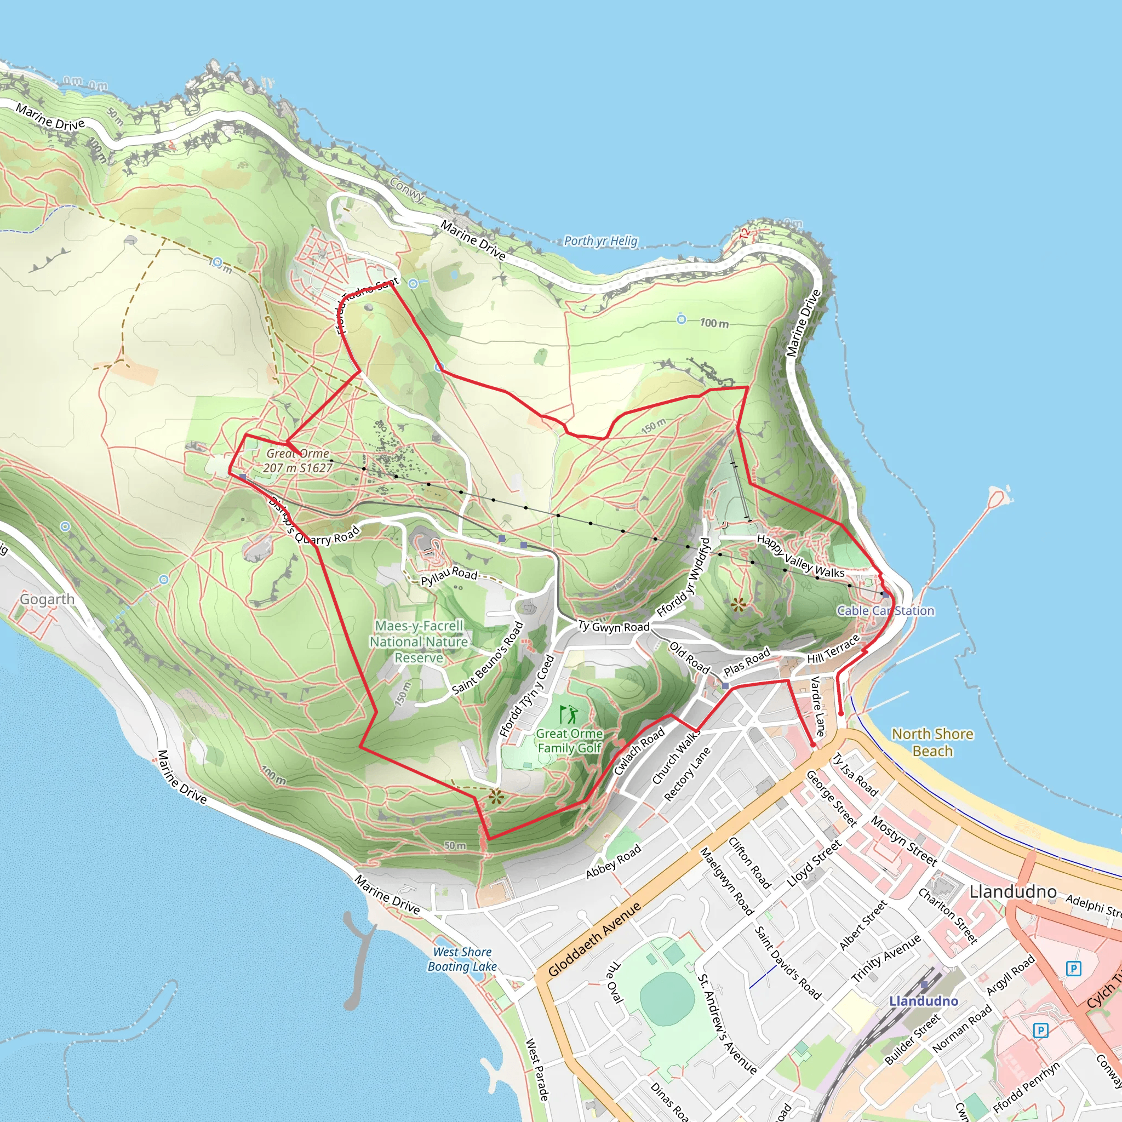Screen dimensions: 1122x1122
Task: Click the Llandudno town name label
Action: pos(1013,891)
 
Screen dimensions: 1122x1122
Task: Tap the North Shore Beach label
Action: pos(932,742)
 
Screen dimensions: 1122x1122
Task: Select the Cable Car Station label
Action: pos(885,610)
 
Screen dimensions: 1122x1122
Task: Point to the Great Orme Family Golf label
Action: pos(569,741)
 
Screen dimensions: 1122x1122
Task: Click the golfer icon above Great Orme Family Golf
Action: pos(569,714)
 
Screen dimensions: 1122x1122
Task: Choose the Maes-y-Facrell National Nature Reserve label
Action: pos(419,642)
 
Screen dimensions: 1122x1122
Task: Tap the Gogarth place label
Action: pos(47,599)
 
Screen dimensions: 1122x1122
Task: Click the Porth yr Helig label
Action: pos(600,241)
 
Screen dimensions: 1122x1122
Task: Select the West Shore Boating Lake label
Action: pos(462,959)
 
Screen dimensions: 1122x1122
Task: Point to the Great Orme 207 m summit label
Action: pos(298,461)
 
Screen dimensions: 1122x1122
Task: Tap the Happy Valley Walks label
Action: pos(800,557)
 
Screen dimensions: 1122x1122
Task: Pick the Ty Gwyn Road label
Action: pos(613,626)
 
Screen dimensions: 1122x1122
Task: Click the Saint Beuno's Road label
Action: pos(488,658)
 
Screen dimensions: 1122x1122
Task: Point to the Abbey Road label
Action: pos(613,861)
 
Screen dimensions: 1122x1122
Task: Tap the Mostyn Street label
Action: pos(903,840)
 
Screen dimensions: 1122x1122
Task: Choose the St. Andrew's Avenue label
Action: pos(727,1024)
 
